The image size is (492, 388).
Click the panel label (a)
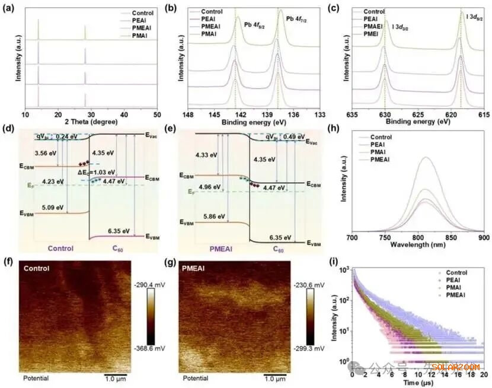(12, 8)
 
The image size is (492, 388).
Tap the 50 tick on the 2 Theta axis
(157, 113)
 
